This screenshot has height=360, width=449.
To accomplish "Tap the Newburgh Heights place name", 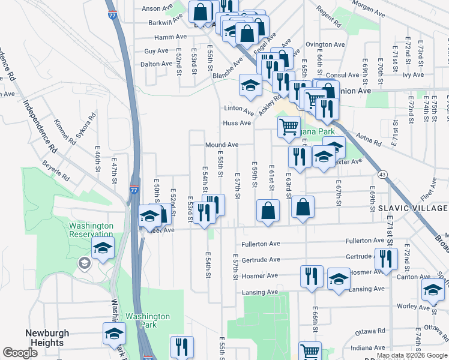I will coord(47,338).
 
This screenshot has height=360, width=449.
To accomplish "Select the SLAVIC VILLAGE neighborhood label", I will coord(412,208).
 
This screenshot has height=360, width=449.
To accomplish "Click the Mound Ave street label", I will coord(222,145).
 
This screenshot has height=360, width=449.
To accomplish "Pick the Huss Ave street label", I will coord(237,123).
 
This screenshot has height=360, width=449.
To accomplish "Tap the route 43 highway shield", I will coord(382,174).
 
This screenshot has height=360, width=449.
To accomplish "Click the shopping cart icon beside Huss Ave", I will coord(289,127).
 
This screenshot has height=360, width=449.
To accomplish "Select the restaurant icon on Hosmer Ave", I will coord(311,277).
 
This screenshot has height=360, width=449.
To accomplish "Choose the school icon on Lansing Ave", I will coord(339,279).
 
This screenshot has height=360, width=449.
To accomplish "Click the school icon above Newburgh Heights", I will coord(113,334).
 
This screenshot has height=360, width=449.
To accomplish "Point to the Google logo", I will coord(20,353).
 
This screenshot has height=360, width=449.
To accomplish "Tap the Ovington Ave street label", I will coord(325,44).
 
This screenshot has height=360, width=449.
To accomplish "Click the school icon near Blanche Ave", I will coord(250,85).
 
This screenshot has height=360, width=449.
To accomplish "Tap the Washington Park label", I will coord(148,320).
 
